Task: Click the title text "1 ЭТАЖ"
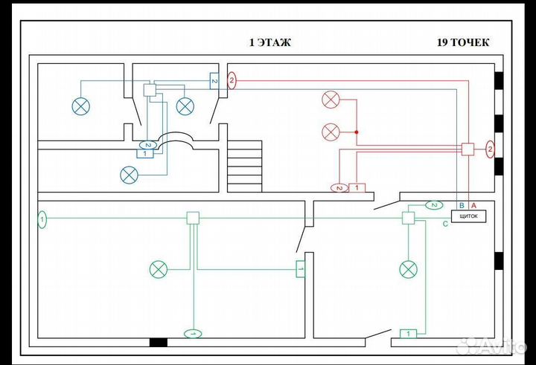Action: tap(270, 42)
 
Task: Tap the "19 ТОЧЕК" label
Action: tap(463, 42)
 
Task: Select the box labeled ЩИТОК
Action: tap(469, 216)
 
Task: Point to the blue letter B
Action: tap(462, 206)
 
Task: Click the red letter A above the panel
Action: tap(473, 206)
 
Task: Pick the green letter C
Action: tap(445, 224)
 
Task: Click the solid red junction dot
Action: tap(357, 132)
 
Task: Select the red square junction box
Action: tap(468, 149)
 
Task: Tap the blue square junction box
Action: tap(150, 90)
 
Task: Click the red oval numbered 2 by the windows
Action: tap(490, 149)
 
